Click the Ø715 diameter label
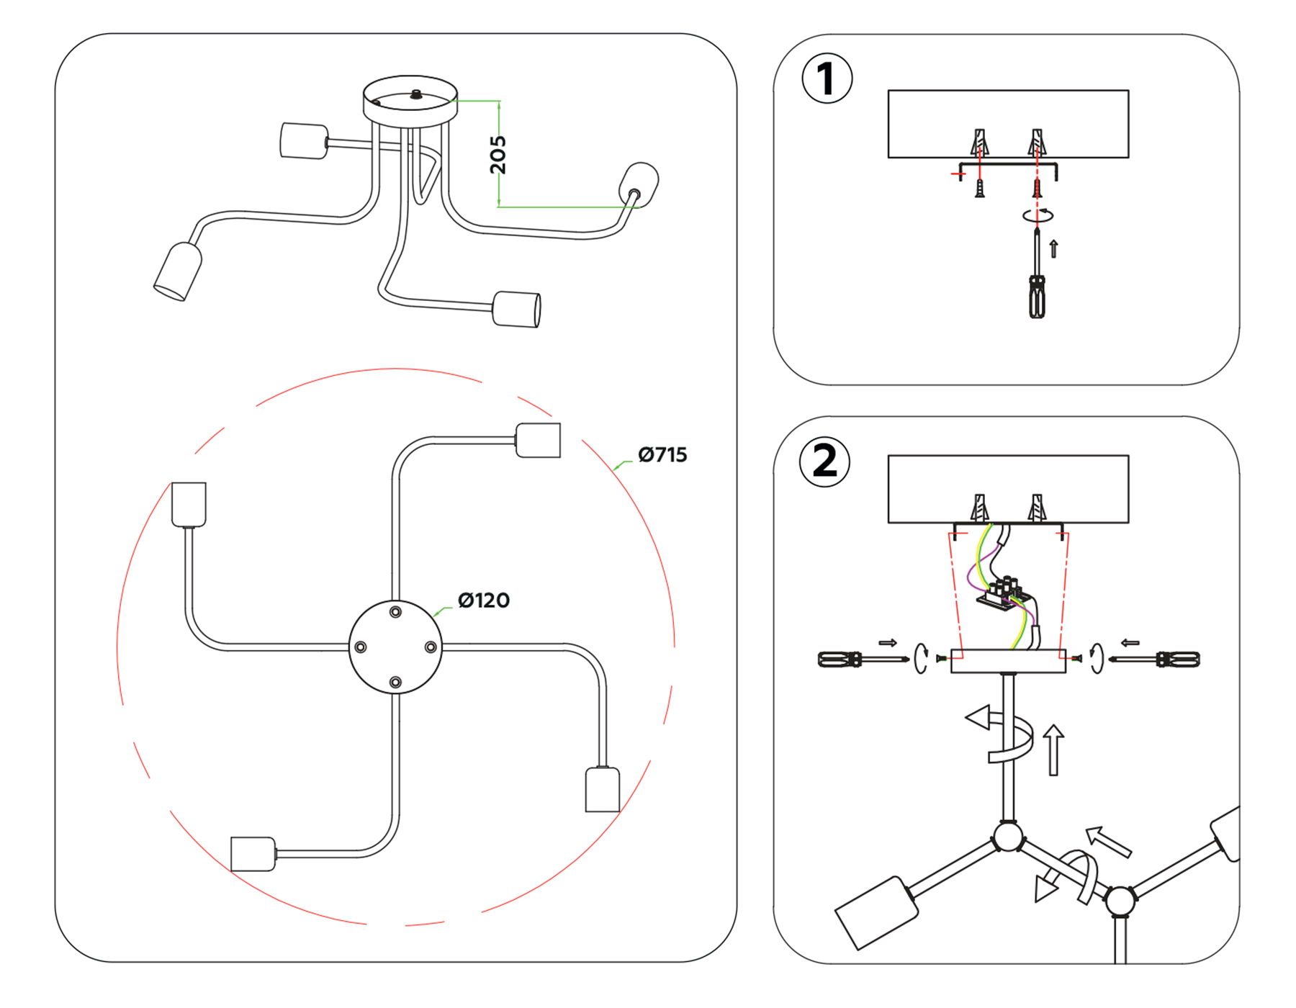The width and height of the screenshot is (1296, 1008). tap(662, 455)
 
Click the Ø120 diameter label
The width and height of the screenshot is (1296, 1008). tap(483, 600)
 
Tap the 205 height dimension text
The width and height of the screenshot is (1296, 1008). tap(498, 155)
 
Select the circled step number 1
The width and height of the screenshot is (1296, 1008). tap(827, 78)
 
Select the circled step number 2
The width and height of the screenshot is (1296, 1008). tap(825, 462)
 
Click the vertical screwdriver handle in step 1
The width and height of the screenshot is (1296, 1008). tap(1037, 296)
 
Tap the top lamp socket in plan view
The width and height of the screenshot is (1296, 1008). tap(538, 440)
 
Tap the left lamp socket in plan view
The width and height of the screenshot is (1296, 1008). tap(189, 504)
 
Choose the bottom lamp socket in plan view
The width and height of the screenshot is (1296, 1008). tap(253, 854)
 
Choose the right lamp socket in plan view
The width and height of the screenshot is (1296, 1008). tap(603, 790)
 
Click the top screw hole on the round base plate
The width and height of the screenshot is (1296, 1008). tap(395, 612)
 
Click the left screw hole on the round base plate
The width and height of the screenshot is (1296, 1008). tap(361, 647)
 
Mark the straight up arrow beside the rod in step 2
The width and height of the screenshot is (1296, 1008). tap(1053, 750)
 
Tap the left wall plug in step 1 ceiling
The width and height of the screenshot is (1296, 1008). tap(979, 143)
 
